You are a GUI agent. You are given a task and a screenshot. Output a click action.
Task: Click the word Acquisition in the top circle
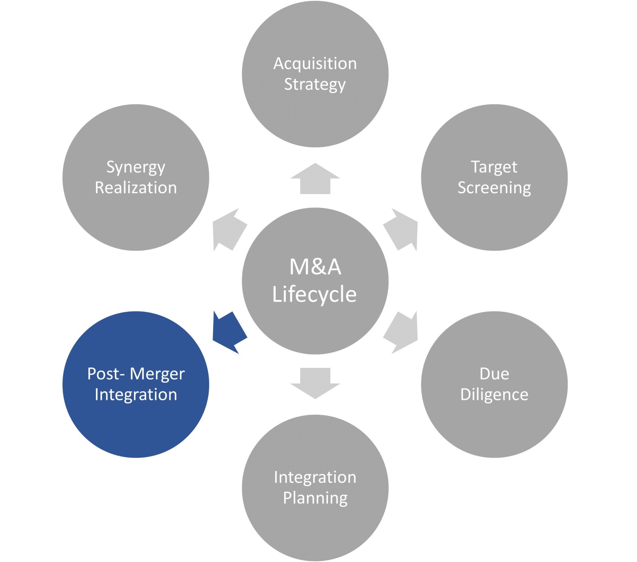[315, 64]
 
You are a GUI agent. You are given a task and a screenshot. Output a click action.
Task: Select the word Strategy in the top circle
[315, 85]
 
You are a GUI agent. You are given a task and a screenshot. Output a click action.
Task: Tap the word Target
[494, 167]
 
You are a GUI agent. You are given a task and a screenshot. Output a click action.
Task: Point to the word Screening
[494, 188]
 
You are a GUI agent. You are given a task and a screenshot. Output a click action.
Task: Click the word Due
[494, 374]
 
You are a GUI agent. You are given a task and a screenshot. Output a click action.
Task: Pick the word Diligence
[494, 395]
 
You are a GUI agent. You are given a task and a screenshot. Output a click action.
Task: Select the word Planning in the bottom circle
[315, 498]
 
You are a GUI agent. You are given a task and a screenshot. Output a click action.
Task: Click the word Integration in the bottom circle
[315, 477]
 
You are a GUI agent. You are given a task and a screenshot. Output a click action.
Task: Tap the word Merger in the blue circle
[157, 374]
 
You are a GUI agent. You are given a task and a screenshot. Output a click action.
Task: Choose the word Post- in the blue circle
[106, 374]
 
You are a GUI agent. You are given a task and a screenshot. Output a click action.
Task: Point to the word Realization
[136, 188]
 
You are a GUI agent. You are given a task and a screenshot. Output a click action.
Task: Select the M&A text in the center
[315, 267]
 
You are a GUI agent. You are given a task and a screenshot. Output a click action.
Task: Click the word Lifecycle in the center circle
[314, 295]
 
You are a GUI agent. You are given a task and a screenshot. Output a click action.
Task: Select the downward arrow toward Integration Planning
[315, 383]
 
